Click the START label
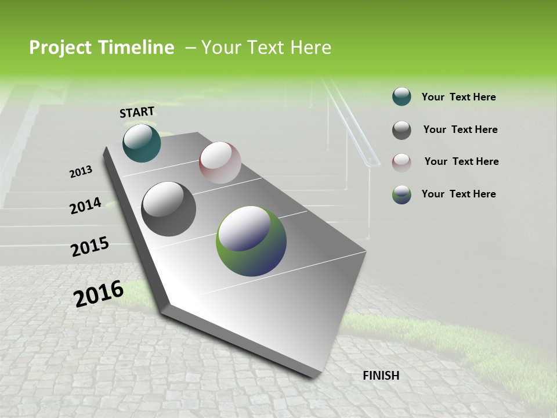[x=137, y=112]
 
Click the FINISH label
[x=381, y=376]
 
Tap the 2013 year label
[x=81, y=171]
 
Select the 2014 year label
[x=86, y=206]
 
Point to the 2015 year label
[x=90, y=247]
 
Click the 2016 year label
[x=99, y=294]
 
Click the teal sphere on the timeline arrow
[x=142, y=143]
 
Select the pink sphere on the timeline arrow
[x=220, y=163]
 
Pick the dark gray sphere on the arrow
[x=169, y=209]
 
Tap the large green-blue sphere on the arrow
[x=251, y=241]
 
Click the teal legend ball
[x=402, y=96]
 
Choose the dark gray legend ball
[x=402, y=130]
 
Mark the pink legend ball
[x=402, y=162]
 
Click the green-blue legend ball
[x=402, y=194]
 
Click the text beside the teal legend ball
[x=458, y=97]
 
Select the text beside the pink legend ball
[x=461, y=161]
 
